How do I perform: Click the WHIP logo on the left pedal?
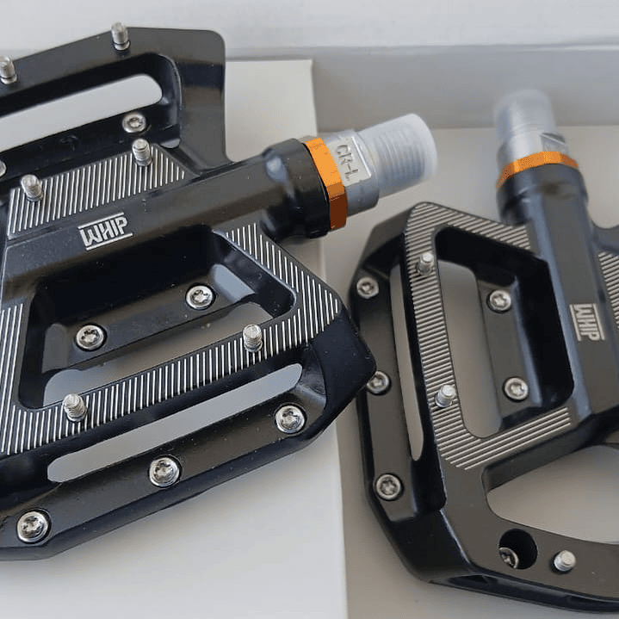(105, 231)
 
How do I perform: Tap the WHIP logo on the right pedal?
(587, 322)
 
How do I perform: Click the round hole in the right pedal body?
(518, 549)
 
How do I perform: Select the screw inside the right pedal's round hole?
(510, 557)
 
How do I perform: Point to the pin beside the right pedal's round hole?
(564, 560)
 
